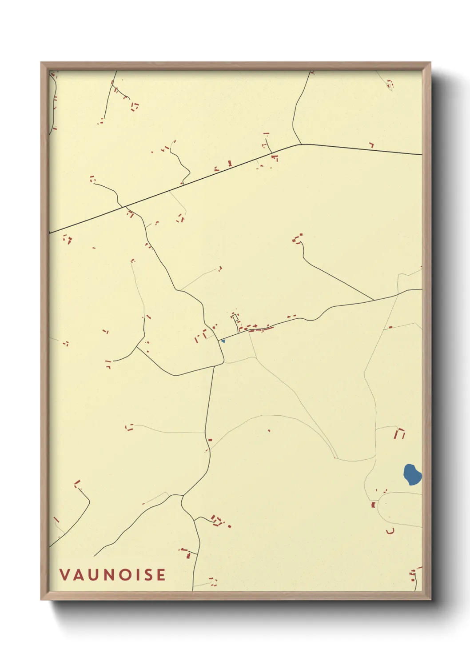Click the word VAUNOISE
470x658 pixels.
pos(113,575)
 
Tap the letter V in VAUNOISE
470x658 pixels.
pos(65,575)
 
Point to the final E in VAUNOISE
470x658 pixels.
pos(160,575)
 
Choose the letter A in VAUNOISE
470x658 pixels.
pos(78,575)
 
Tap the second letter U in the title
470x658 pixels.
pos(92,575)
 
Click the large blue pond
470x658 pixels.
pos(412,474)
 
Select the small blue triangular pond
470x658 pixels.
pos(223,341)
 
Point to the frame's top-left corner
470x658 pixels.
pos(41,63)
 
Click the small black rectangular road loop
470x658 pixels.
pos(235,318)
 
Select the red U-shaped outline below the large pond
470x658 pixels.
pos(390,531)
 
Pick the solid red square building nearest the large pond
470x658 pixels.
pos(373,505)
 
